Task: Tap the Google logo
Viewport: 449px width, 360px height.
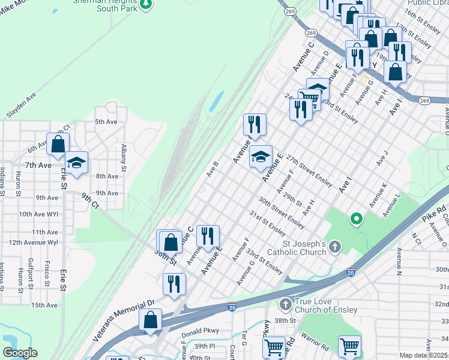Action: click(20, 353)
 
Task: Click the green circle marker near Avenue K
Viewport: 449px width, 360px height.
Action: click(356, 219)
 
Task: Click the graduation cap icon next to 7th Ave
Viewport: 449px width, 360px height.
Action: click(76, 163)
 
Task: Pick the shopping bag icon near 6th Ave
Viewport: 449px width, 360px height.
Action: click(58, 144)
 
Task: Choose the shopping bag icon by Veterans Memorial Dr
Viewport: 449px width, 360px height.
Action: click(150, 320)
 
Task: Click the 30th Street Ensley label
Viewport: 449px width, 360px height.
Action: click(282, 212)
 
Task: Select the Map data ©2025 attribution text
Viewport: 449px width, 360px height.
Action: click(423, 355)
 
